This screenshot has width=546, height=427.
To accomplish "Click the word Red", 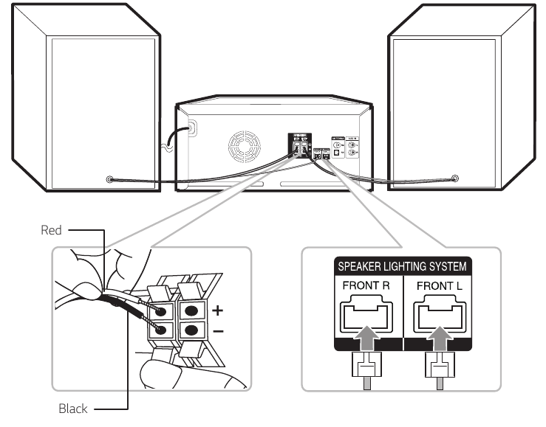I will pos(51,230).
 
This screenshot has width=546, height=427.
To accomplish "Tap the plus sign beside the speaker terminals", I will pos(217,310).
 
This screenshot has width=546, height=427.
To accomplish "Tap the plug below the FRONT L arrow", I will pos(437,369).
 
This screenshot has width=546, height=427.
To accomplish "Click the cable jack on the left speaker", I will pos(110,179).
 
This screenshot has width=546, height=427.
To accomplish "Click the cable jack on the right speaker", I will pos(454,178).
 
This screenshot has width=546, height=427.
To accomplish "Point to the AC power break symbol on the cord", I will pos(166,146).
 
